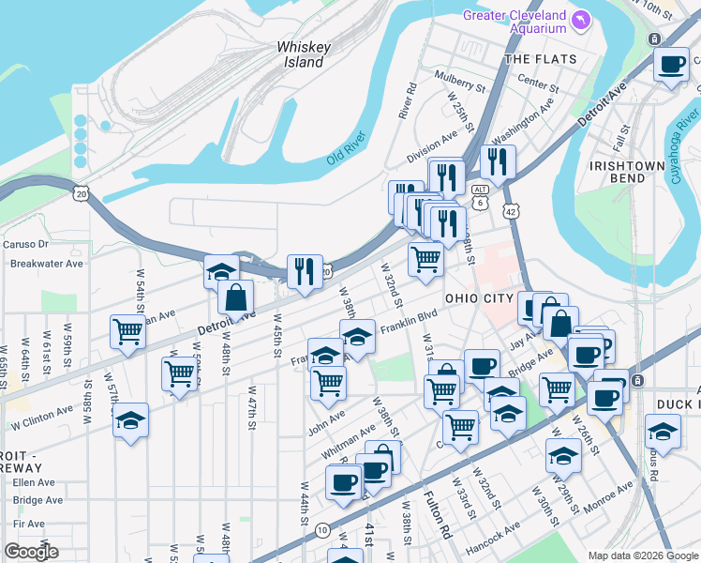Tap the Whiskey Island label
300,54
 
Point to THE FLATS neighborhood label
532,58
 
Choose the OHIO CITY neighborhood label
479,298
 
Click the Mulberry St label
459,80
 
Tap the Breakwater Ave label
47,264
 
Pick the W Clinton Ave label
41,411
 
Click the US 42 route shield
512,212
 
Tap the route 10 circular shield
321,530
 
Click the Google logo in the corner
31,551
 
